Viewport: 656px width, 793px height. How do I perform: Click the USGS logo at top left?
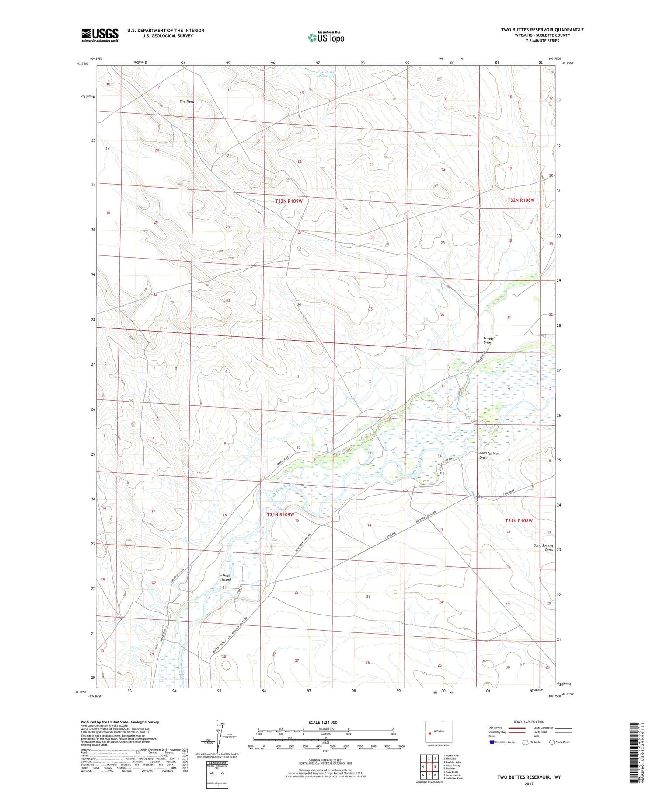coord(100,35)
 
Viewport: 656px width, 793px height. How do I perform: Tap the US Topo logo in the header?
coord(326,38)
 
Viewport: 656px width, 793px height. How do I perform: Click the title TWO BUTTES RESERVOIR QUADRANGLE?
coord(542,30)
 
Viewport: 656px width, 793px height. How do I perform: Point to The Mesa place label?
coord(187,101)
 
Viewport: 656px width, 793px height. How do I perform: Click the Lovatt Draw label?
coord(488,340)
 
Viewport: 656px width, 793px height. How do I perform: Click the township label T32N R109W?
coord(289,201)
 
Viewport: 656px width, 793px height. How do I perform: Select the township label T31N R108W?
coord(519,521)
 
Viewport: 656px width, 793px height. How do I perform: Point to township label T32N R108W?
coord(521,200)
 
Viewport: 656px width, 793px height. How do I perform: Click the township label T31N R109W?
coord(280,514)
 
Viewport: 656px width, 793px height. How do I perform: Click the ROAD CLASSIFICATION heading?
coord(529,722)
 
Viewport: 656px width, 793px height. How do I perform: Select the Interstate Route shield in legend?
coord(492,742)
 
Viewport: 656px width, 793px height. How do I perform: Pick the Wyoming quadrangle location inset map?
coord(439,731)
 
